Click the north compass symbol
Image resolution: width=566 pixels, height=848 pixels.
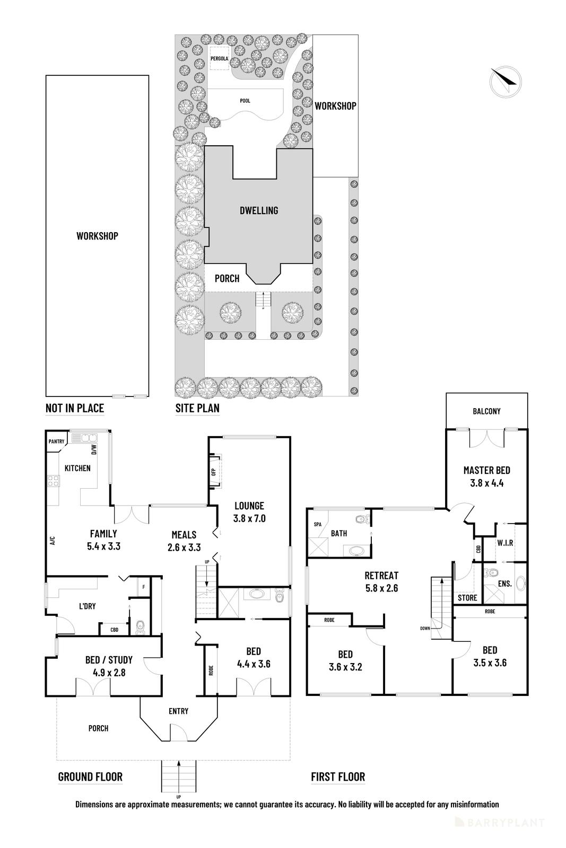[x=505, y=82]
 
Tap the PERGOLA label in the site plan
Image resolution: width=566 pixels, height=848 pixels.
[x=219, y=59]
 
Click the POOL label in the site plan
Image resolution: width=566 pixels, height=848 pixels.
[x=245, y=101]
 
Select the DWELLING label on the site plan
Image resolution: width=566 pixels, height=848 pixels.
[x=258, y=210]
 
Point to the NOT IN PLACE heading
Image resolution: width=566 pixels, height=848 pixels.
[x=74, y=408]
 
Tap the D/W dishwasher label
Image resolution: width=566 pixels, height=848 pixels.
[x=94, y=450]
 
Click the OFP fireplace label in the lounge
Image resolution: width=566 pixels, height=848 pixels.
[x=214, y=471]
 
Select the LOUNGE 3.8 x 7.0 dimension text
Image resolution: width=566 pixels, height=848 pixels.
[x=249, y=518]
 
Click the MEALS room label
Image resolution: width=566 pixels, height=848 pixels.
[x=184, y=535]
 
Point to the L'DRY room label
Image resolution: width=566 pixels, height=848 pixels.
[x=87, y=606]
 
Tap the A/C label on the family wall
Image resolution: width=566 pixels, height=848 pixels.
[x=52, y=541]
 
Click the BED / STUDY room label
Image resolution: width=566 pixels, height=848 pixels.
[x=109, y=660]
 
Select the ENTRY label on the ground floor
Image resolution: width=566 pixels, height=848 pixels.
[x=178, y=711]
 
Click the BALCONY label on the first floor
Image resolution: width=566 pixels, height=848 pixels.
[x=486, y=411]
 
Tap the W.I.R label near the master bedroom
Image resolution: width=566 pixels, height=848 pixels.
[x=504, y=543]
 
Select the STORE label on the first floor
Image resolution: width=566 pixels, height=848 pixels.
[x=467, y=598]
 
